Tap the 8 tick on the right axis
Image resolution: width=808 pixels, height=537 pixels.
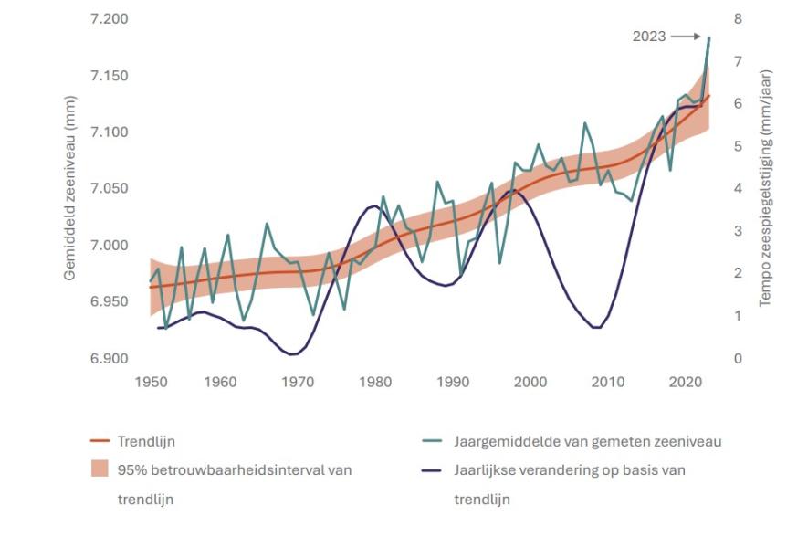pyautogui.click(x=737, y=19)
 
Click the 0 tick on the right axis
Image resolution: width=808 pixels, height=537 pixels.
pyautogui.click(x=737, y=359)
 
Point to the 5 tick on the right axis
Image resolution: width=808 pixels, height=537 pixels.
pyautogui.click(x=737, y=146)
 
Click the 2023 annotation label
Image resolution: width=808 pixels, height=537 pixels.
pyautogui.click(x=649, y=37)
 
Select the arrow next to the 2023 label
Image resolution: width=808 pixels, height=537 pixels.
pyautogui.click(x=684, y=37)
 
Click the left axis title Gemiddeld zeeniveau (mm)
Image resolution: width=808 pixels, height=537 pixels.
pyautogui.click(x=70, y=188)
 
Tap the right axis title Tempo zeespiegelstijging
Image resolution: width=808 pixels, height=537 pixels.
pyautogui.click(x=766, y=187)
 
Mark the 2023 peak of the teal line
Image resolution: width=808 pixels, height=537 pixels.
pyautogui.click(x=709, y=37)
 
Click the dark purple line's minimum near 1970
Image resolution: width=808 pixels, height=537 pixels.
pyautogui.click(x=293, y=353)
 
